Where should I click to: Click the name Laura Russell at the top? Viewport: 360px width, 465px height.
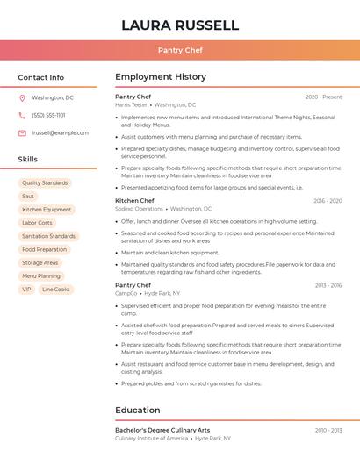179,25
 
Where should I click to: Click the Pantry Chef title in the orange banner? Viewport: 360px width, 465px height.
179,50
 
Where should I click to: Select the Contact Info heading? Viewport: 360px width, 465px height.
40,77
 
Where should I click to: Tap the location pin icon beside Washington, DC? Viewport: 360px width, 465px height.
23,97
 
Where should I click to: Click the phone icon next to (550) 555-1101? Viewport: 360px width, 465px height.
23,115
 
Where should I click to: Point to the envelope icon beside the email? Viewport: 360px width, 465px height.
23,132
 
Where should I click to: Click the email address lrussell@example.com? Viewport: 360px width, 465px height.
60,132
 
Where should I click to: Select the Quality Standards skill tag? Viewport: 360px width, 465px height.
45,182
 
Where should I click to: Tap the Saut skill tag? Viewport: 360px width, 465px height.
28,197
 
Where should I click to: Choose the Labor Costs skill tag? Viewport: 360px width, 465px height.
37,223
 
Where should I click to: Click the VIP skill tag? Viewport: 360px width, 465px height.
26,289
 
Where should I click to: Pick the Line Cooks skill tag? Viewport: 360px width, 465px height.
55,289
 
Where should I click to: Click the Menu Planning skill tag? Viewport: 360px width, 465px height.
41,275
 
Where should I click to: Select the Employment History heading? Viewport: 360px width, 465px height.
160,77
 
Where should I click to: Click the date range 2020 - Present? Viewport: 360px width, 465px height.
323,97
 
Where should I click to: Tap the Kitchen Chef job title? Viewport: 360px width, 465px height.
134,200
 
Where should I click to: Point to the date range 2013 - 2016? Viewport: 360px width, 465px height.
328,285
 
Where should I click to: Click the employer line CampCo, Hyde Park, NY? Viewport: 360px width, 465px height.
147,293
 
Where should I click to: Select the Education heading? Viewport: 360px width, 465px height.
139,410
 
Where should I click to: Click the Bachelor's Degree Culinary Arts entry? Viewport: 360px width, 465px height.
162,430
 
